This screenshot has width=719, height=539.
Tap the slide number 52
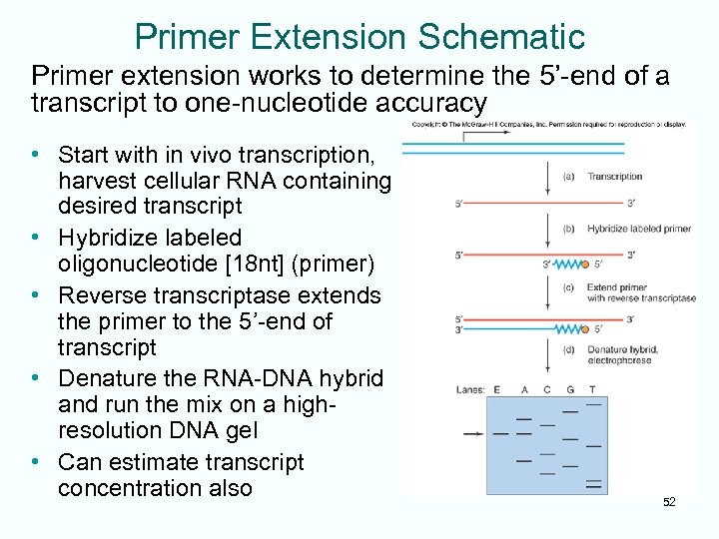click(669, 502)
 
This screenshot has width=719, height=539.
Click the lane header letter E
click(496, 390)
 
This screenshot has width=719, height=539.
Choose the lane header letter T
click(592, 390)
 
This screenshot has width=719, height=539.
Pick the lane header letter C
click(545, 390)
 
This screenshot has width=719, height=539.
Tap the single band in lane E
click(499, 434)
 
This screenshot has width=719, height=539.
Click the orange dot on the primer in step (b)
click(584, 265)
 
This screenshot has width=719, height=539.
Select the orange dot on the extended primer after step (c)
click(584, 328)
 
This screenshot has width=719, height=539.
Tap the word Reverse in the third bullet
click(100, 295)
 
